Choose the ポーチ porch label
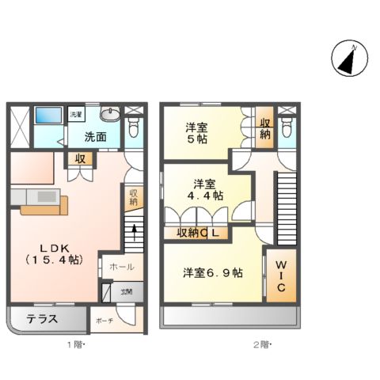[x=104, y=321]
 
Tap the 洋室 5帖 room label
[x=198, y=131]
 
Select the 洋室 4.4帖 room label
[x=204, y=188]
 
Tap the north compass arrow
[x=346, y=60]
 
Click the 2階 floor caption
[x=261, y=346]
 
